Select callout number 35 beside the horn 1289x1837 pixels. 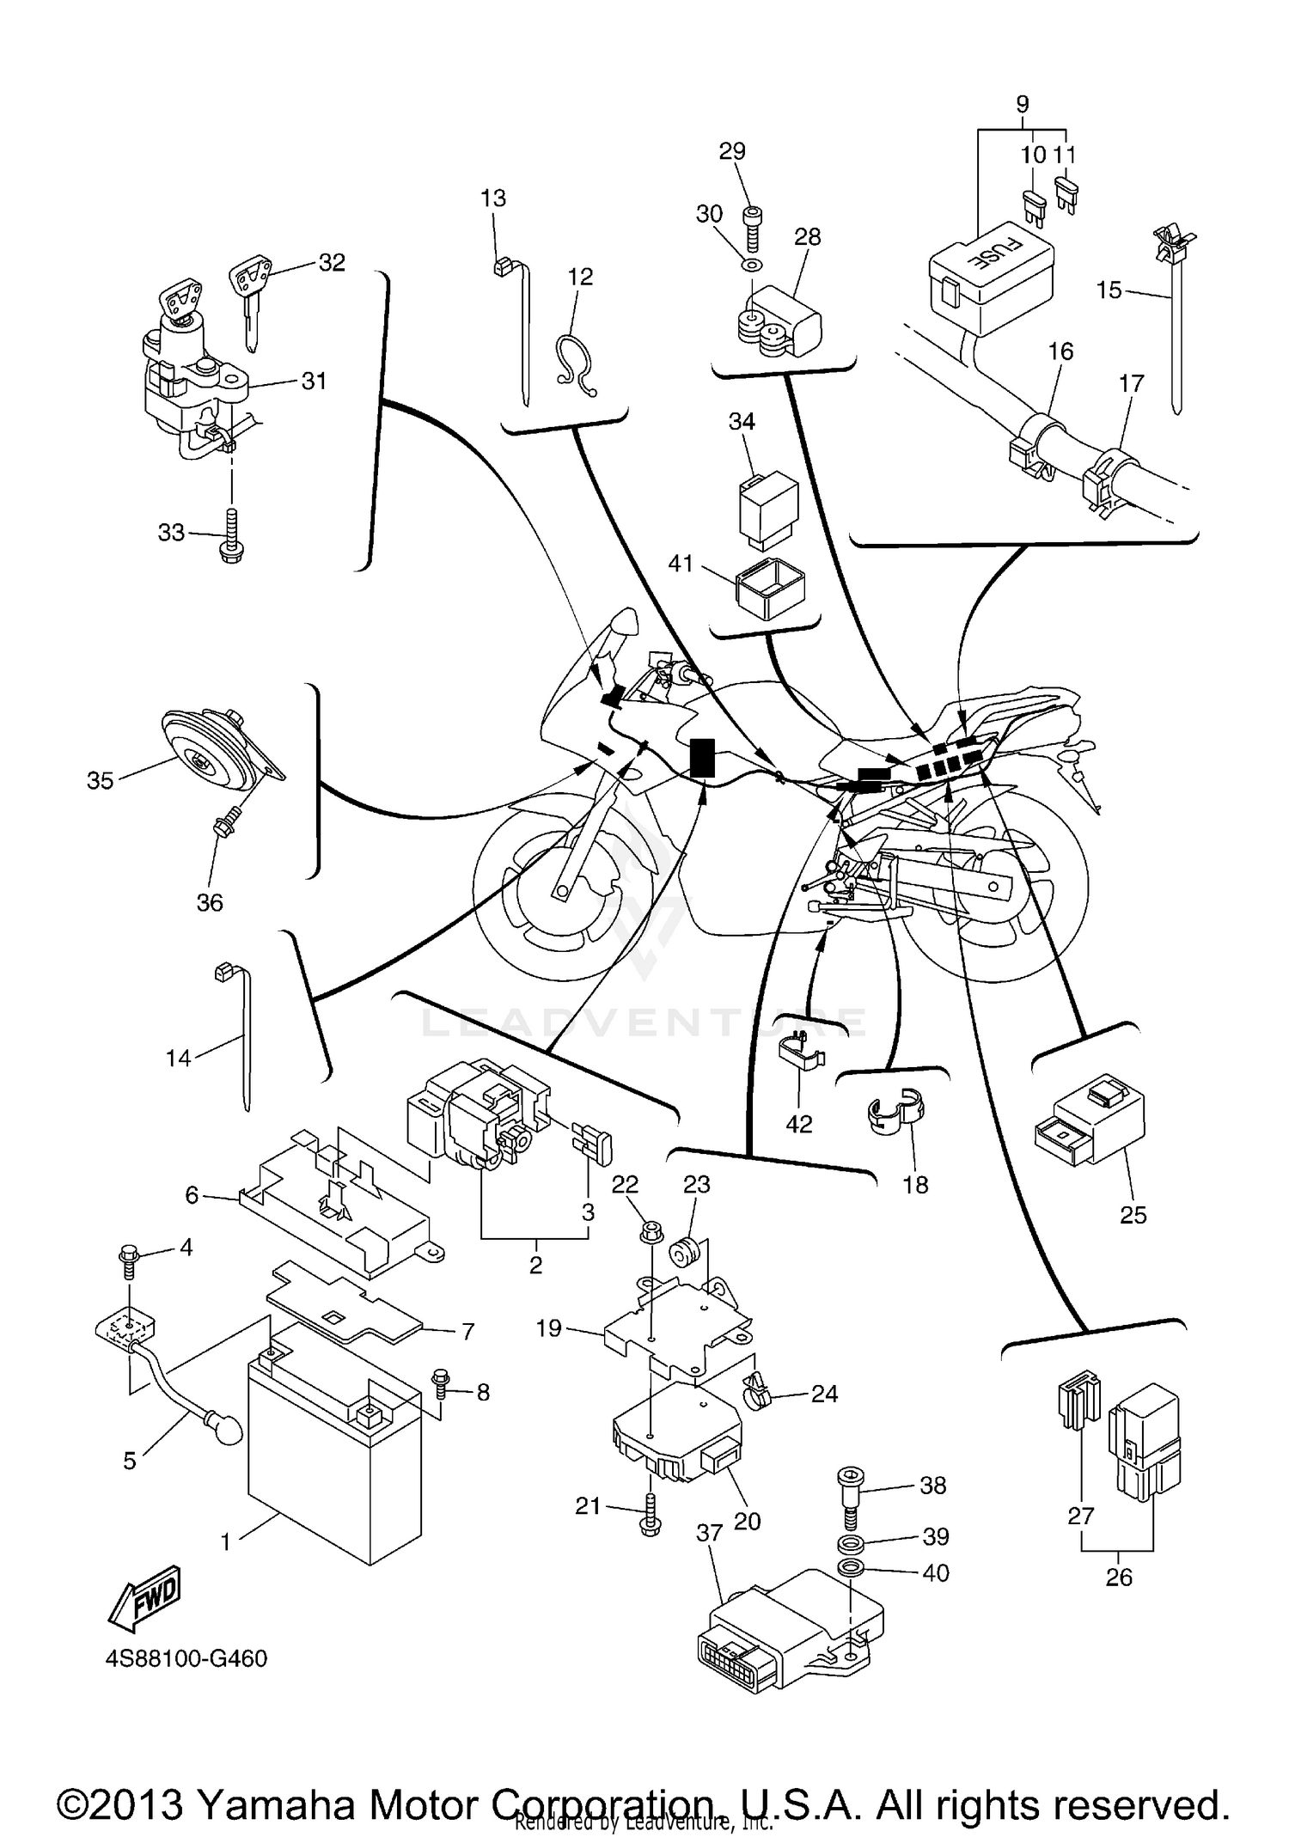coord(100,780)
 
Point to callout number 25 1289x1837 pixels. coord(1133,1214)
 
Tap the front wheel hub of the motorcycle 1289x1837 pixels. coord(560,894)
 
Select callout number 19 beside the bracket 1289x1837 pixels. coord(548,1328)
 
